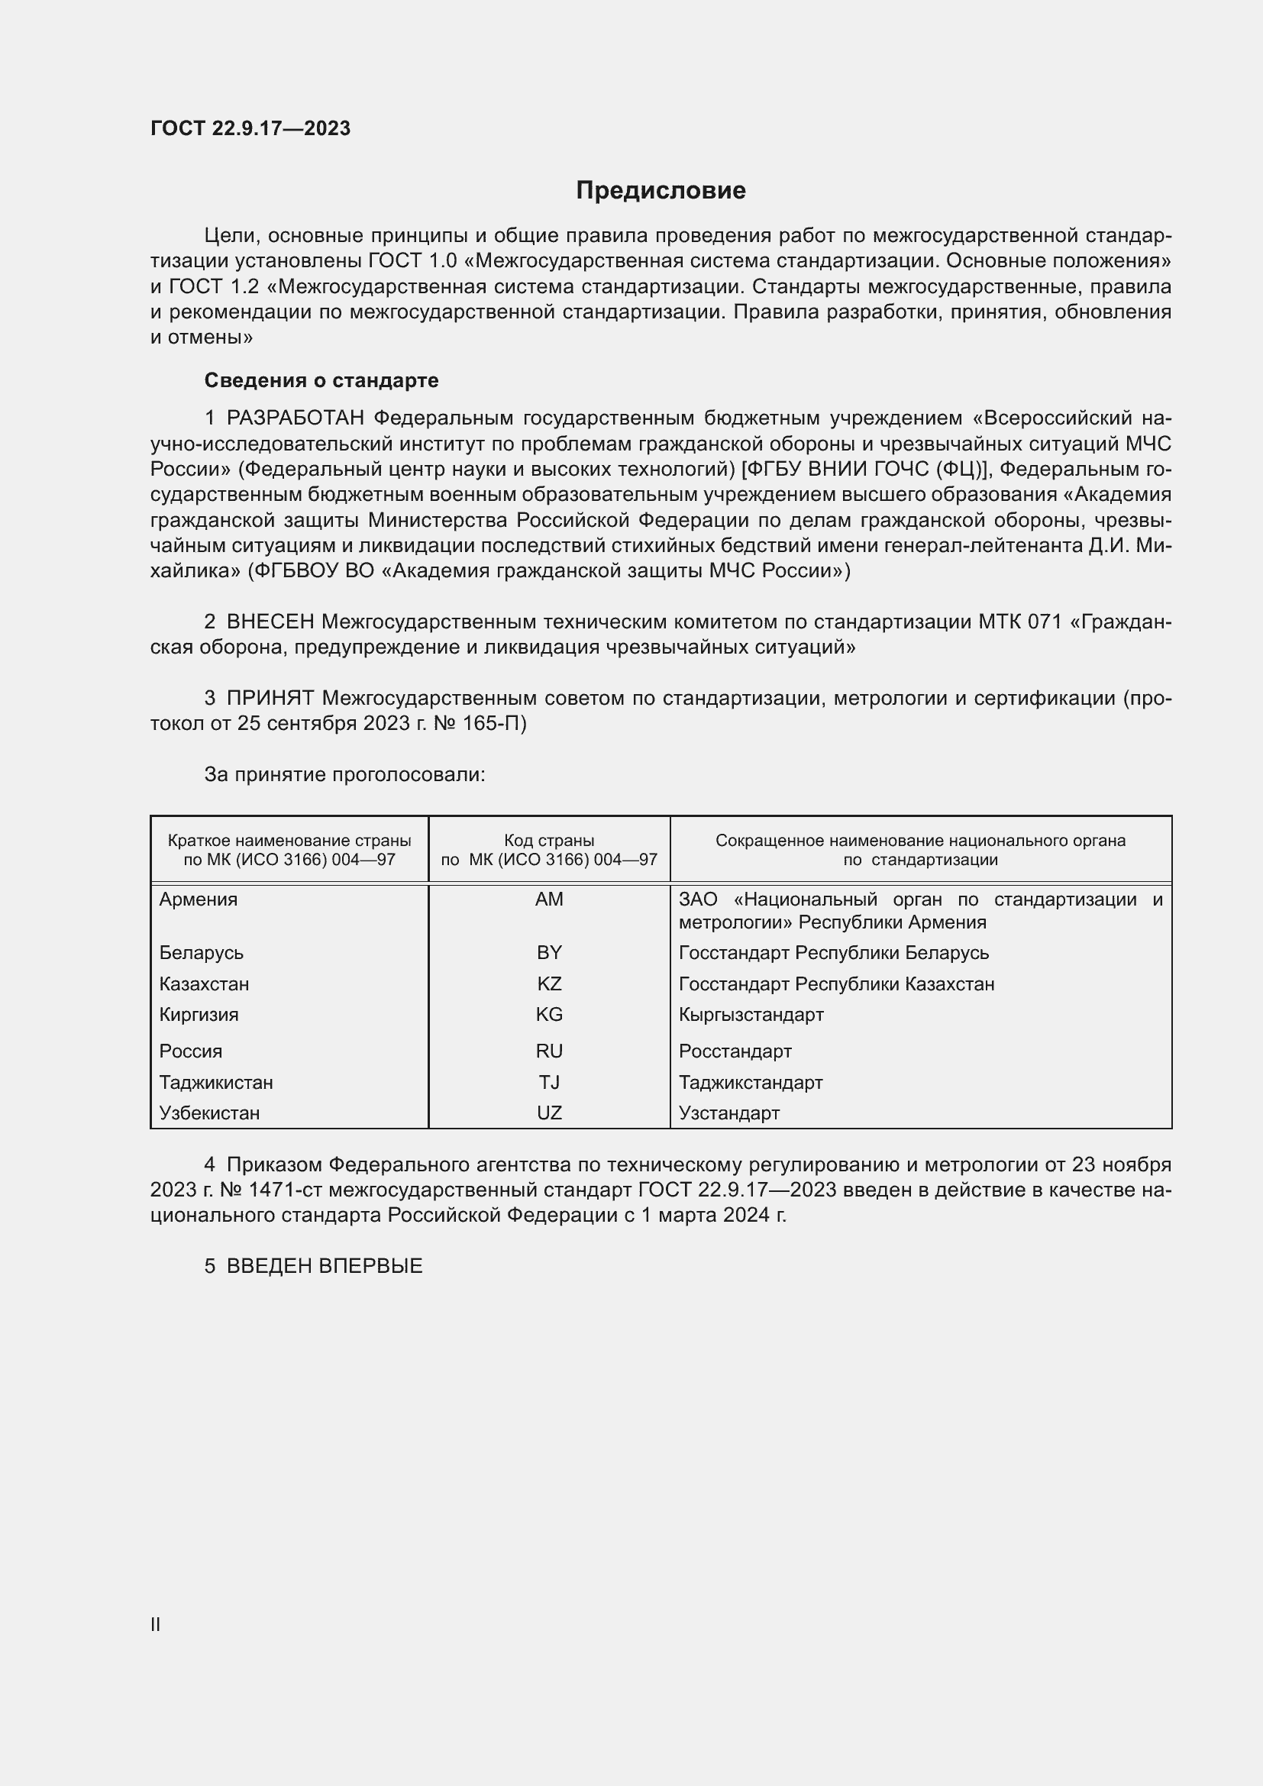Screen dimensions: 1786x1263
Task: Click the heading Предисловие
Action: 661,191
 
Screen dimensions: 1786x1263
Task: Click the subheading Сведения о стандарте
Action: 321,380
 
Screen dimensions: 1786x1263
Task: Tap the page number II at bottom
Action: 156,1624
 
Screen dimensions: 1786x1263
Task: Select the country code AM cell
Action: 549,899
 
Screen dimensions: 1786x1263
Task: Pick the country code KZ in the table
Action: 549,984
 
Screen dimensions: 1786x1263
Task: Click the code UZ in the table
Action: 549,1113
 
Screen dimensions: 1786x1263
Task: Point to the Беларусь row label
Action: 202,953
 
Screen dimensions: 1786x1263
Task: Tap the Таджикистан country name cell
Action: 216,1083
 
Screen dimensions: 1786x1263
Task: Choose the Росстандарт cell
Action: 735,1051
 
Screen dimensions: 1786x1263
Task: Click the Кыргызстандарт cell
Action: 751,1014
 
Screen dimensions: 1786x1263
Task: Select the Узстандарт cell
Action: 728,1113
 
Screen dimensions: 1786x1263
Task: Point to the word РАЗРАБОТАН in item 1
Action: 295,418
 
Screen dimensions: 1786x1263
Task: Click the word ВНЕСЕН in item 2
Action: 270,622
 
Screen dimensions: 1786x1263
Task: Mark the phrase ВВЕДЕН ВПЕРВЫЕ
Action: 325,1266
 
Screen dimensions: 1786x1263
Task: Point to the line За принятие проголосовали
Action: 344,775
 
